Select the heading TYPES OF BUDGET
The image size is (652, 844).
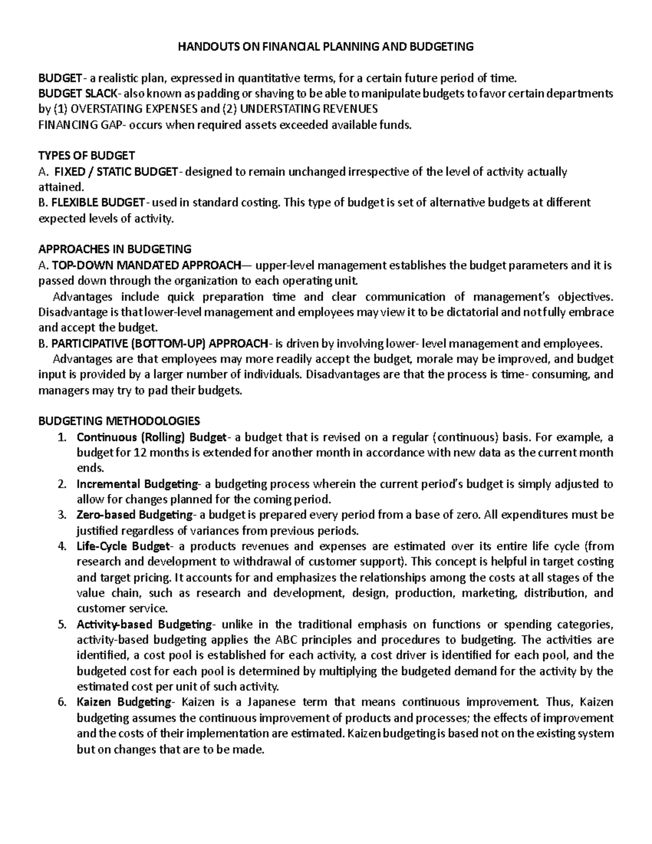(x=86, y=157)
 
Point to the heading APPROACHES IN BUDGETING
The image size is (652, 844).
(x=115, y=250)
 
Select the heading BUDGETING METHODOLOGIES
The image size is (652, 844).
(x=119, y=421)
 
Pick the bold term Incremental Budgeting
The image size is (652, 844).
(x=137, y=484)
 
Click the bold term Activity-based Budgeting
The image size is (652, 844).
(x=144, y=624)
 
